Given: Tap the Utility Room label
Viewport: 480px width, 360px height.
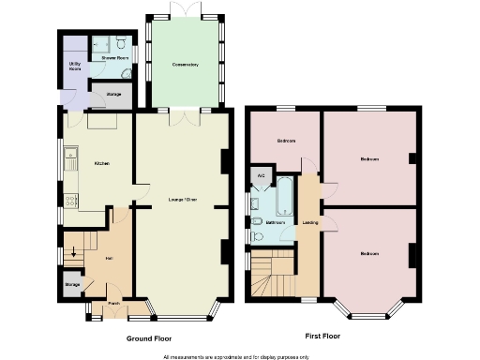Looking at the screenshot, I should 74,67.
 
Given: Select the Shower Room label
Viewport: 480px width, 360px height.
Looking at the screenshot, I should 114,58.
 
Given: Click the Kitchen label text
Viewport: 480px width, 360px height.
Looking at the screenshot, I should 101,164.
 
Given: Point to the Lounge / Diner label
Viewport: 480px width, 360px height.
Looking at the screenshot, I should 182,200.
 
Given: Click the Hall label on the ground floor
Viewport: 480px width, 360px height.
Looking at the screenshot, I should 109,259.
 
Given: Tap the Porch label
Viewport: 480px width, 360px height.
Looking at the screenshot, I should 113,303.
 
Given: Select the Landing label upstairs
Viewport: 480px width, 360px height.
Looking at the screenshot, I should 309,222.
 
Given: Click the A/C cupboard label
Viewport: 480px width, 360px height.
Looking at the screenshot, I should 261,175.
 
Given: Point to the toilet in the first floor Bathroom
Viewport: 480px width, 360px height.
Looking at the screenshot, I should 256,221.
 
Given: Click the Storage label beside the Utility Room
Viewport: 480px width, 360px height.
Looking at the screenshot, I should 112,94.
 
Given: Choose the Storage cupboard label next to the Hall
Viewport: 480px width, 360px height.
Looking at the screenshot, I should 72,284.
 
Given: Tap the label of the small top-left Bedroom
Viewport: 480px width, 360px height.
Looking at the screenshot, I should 286,141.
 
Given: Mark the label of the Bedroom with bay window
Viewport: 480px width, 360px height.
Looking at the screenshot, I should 368,254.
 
